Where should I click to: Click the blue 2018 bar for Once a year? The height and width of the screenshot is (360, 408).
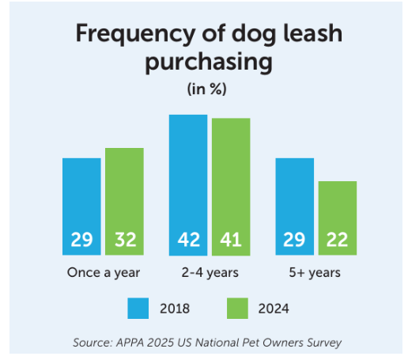coord(81,198)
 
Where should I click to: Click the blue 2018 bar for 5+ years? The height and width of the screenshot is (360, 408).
coord(294,198)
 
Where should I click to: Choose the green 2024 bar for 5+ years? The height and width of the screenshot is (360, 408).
coord(337,210)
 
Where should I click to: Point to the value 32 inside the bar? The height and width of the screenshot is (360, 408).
coord(124,240)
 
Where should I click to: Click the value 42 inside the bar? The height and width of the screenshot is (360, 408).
coord(188,240)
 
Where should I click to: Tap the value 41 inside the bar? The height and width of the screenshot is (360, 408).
coord(231,240)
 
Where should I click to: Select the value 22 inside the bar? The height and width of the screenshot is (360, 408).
coord(337,240)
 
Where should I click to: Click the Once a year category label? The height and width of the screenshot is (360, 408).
coord(103,273)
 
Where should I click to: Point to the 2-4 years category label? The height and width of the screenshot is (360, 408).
coord(209,273)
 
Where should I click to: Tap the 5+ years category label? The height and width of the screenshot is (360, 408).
coord(315,273)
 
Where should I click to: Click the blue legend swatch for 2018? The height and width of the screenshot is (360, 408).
coord(139,307)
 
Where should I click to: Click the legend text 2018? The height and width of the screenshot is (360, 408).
coord(175,307)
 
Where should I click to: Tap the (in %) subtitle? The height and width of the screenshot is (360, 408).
coord(207,89)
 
